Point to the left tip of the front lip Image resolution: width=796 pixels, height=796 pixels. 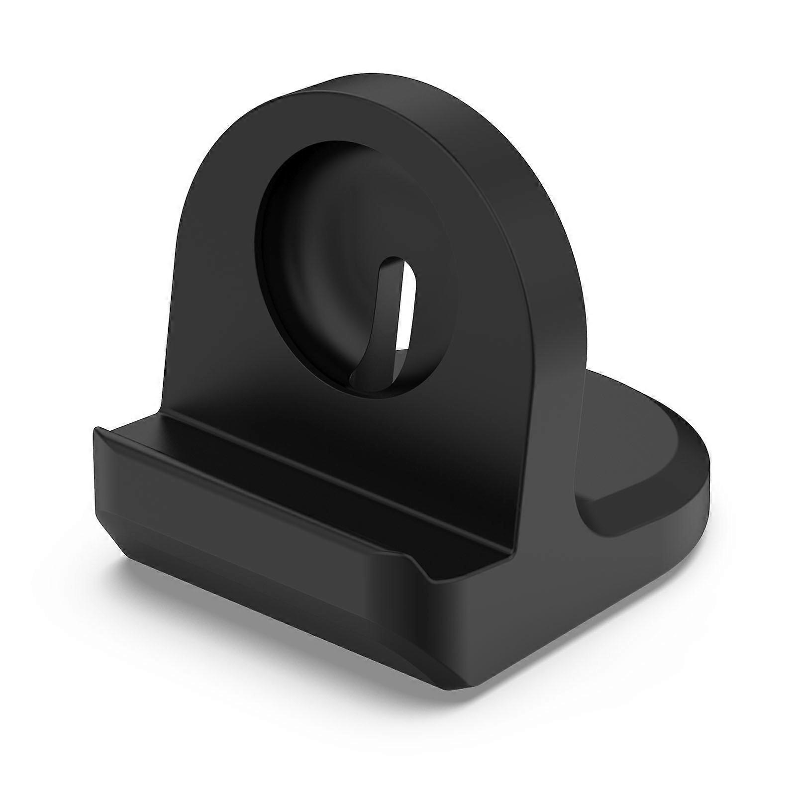point(97,430)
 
